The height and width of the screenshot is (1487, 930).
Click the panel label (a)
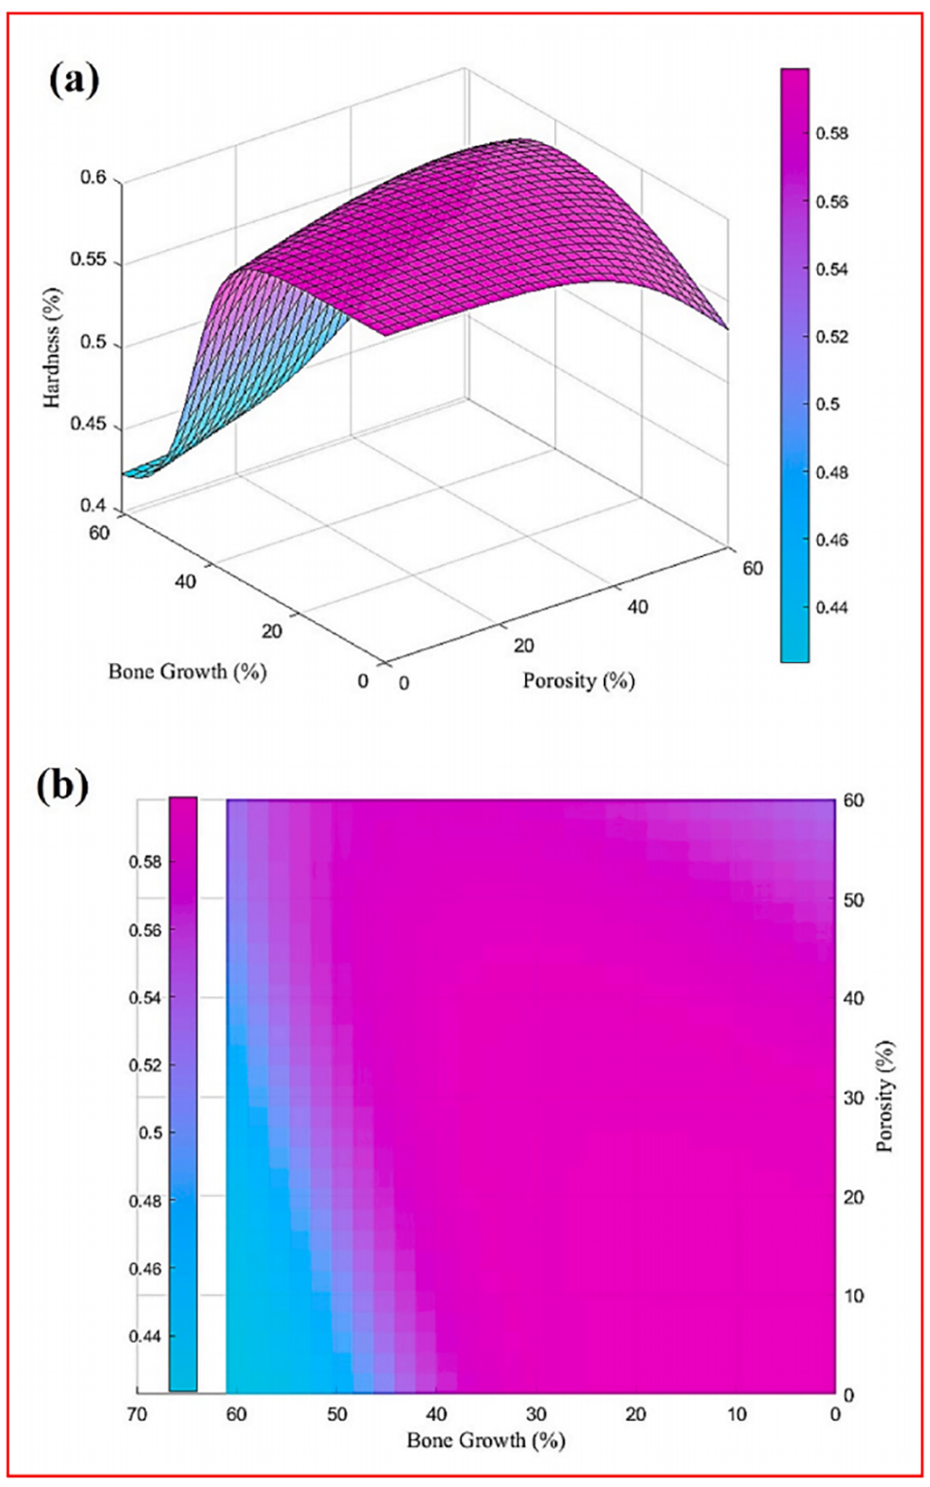pyautogui.click(x=73, y=80)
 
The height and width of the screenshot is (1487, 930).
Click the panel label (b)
pyautogui.click(x=62, y=785)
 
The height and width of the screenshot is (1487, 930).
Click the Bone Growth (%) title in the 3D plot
pyautogui.click(x=187, y=671)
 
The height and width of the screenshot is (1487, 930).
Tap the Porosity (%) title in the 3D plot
pyautogui.click(x=578, y=680)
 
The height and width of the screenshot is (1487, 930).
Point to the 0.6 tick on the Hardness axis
pyautogui.click(x=94, y=178)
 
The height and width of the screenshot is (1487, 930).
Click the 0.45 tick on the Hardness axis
pyautogui.click(x=89, y=427)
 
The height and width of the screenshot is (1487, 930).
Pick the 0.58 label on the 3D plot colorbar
pyautogui.click(x=832, y=133)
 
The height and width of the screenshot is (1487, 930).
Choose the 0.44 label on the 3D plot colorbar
pyautogui.click(x=832, y=608)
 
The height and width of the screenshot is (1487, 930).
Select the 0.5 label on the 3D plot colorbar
pyautogui.click(x=828, y=404)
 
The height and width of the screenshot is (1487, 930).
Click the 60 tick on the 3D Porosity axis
pyautogui.click(x=753, y=568)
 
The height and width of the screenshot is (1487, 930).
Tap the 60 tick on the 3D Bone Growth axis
pyautogui.click(x=99, y=533)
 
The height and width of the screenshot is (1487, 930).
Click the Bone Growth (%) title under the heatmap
pyautogui.click(x=486, y=1440)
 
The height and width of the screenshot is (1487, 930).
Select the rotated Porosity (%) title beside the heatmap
pyautogui.click(x=885, y=1097)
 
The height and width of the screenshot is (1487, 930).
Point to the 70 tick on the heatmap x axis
pyautogui.click(x=137, y=1414)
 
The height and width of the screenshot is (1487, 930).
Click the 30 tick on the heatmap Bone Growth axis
pyautogui.click(x=536, y=1414)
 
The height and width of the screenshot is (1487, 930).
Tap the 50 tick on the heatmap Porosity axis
pyautogui.click(x=853, y=900)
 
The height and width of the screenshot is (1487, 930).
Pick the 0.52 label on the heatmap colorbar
pyautogui.click(x=145, y=1065)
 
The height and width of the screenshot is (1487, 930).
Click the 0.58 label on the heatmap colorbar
pyautogui.click(x=145, y=863)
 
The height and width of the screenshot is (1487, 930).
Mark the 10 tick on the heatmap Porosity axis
pyautogui.click(x=853, y=1296)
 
